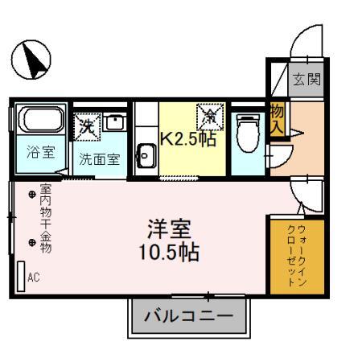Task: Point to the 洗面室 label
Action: coord(99,158)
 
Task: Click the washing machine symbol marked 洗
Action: coord(86,125)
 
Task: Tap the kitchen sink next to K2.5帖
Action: coord(146,154)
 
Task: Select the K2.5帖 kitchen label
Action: coord(190,138)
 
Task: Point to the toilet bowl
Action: coord(247,135)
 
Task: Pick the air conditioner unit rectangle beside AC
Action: coord(19,276)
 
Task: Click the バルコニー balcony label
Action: coord(188,315)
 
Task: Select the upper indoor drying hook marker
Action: coord(32,195)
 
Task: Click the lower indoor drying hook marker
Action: coord(32,241)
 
